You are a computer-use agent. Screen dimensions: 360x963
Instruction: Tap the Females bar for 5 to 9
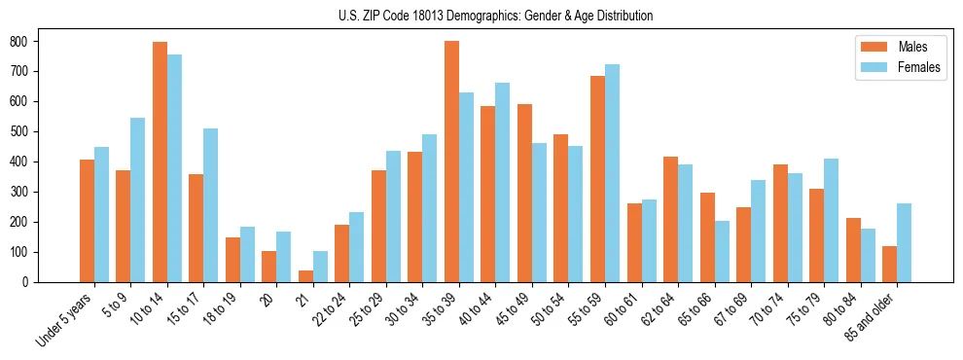tap(137, 200)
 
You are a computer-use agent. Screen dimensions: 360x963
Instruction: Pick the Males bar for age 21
tap(305, 276)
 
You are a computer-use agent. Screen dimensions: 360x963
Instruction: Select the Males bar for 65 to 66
tap(707, 237)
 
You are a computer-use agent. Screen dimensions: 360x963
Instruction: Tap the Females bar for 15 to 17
tap(210, 205)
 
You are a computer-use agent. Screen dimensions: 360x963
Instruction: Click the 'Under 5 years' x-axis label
tap(66, 319)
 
